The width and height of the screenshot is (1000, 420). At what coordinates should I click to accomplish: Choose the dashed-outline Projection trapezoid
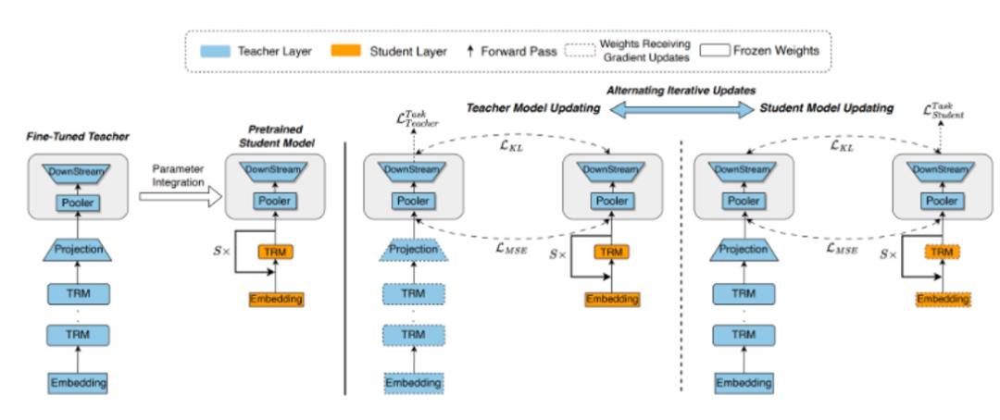(x=412, y=249)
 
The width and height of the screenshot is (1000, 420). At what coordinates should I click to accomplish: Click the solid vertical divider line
(x=345, y=268)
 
